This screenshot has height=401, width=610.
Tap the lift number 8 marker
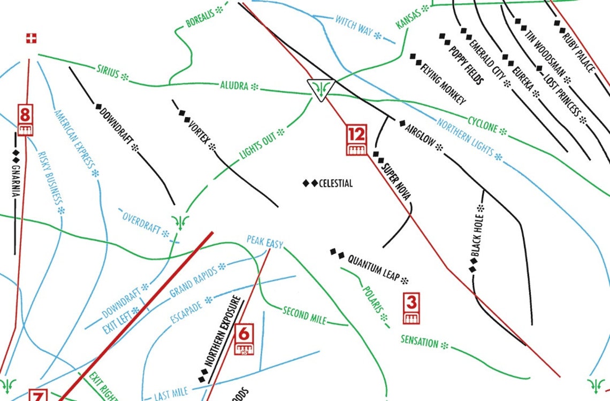click(x=25, y=120)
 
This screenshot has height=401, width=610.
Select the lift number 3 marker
click(x=411, y=308)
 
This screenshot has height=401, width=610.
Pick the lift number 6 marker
click(x=243, y=340)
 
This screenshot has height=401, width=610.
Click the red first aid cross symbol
click(x=32, y=38)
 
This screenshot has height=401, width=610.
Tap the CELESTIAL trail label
click(x=335, y=183)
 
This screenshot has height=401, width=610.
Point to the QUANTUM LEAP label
click(x=373, y=267)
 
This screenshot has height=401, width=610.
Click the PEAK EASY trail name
click(x=264, y=242)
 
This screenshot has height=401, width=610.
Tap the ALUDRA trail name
click(x=234, y=85)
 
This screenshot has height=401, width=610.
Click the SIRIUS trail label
click(x=108, y=72)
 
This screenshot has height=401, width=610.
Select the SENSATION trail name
click(x=420, y=341)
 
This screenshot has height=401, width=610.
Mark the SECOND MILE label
click(x=304, y=315)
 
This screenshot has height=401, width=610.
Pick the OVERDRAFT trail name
click(x=141, y=223)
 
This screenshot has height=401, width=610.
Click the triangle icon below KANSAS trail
click(x=321, y=89)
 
